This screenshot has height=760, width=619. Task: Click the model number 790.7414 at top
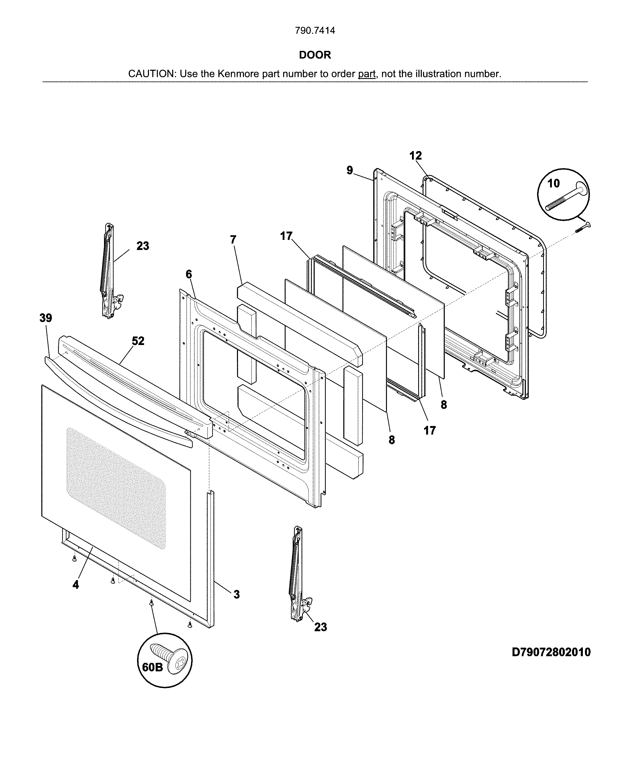click(315, 31)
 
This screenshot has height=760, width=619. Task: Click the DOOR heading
click(315, 55)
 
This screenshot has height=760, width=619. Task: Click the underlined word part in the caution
click(367, 74)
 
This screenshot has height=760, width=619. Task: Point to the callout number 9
click(350, 170)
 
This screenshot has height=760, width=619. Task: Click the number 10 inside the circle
click(553, 183)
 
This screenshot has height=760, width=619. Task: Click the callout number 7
click(233, 240)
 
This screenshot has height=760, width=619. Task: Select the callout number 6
click(189, 274)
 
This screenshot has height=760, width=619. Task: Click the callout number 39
click(46, 318)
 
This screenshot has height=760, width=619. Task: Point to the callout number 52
click(138, 341)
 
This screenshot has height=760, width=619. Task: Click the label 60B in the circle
click(153, 667)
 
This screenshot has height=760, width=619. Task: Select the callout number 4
click(76, 585)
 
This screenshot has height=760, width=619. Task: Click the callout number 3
click(236, 594)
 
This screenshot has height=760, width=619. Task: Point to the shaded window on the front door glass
click(116, 489)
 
